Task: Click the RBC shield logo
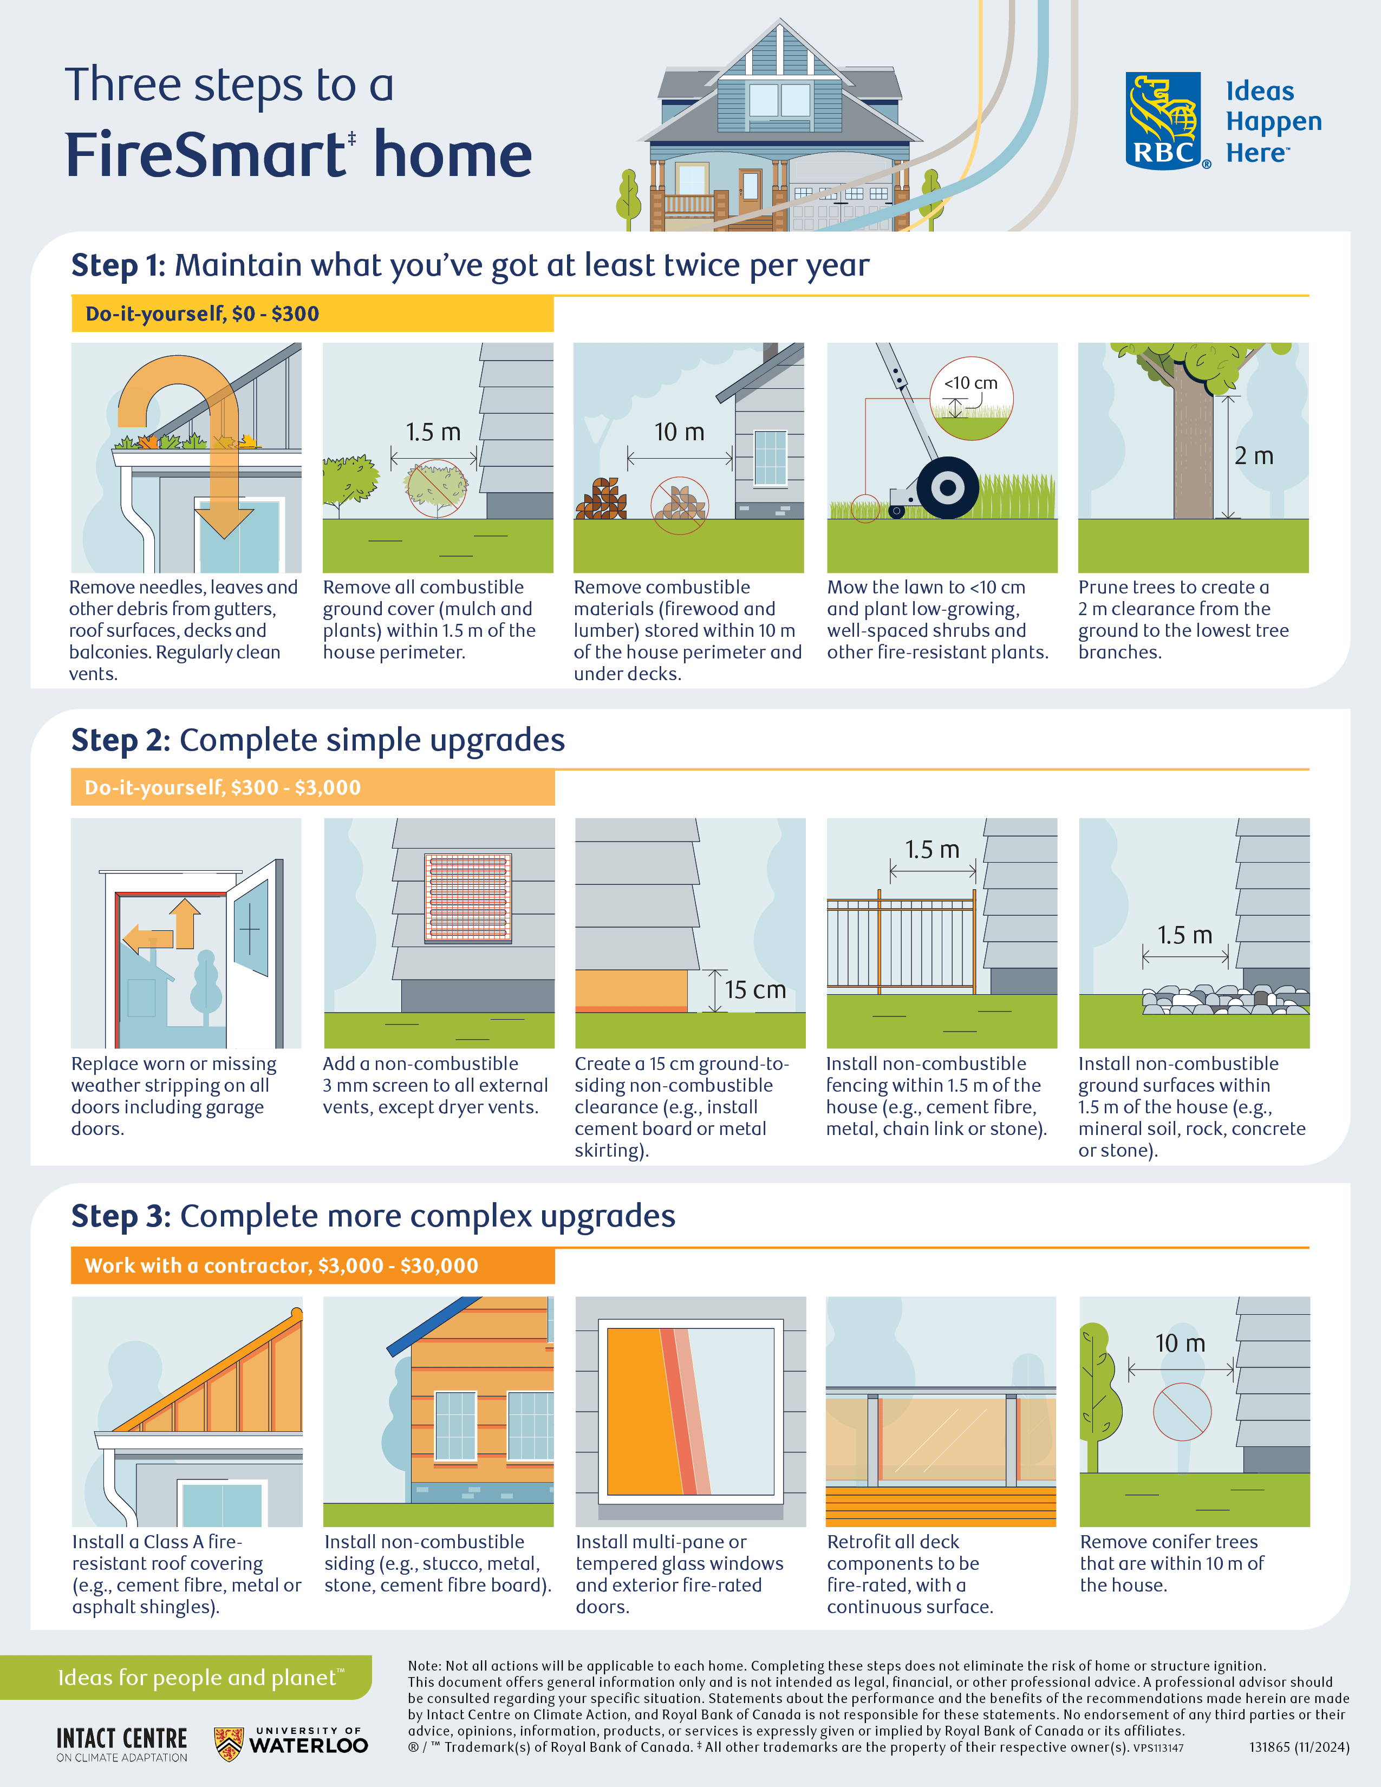(x=1163, y=121)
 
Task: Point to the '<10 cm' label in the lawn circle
(x=971, y=383)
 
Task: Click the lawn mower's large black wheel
(x=947, y=488)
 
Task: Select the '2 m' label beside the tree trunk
(x=1253, y=456)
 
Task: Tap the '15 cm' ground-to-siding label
(x=754, y=990)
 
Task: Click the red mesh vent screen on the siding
(x=468, y=898)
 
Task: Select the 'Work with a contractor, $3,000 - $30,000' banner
(x=312, y=1266)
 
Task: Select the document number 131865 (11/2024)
(x=1298, y=1747)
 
